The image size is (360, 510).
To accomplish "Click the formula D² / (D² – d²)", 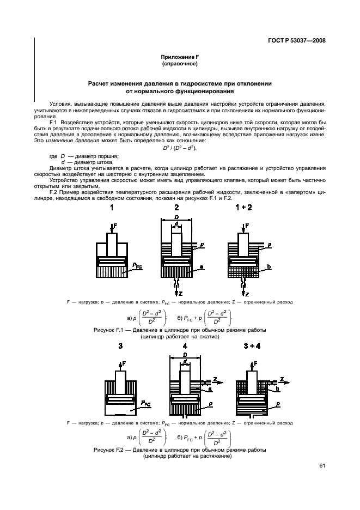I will click(x=180, y=148).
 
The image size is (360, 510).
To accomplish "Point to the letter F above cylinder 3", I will click(x=124, y=362).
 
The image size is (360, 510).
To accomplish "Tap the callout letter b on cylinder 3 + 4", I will click(x=278, y=389).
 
